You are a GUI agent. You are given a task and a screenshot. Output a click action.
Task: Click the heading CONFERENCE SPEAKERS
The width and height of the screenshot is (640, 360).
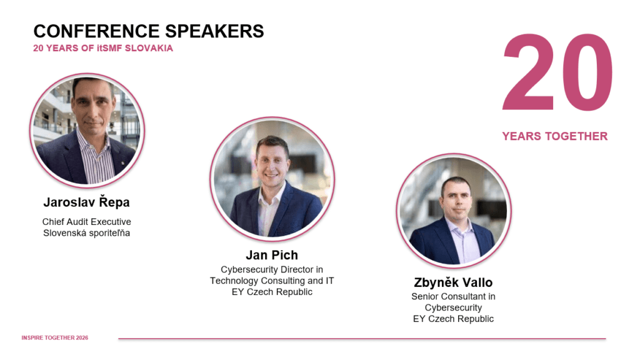click(x=149, y=31)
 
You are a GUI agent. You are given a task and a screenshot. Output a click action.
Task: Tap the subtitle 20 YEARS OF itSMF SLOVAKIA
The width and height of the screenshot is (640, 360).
click(x=103, y=48)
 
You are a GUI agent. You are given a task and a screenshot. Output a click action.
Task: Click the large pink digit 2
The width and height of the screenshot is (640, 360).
click(x=529, y=72)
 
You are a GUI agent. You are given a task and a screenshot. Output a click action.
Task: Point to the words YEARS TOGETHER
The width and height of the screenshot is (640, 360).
click(x=555, y=136)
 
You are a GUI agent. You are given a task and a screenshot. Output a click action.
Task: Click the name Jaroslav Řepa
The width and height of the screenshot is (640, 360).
click(x=86, y=202)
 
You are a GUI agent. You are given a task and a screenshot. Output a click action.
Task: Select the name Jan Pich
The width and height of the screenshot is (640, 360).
click(x=272, y=255)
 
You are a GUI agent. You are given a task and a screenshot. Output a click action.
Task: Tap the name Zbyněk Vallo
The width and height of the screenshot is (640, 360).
click(x=453, y=282)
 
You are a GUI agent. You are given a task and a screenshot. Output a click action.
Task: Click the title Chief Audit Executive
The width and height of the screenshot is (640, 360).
click(x=86, y=222)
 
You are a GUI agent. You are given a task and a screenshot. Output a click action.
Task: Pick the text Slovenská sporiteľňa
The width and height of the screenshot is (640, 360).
click(x=86, y=233)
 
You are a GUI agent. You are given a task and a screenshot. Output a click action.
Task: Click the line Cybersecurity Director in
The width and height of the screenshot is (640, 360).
click(x=272, y=269)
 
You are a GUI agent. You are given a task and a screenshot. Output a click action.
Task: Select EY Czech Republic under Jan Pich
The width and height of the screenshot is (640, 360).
click(x=272, y=292)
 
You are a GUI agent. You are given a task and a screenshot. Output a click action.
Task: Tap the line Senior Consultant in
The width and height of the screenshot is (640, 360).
click(x=453, y=296)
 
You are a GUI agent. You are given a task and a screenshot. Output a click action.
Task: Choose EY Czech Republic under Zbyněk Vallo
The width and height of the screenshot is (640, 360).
click(x=453, y=319)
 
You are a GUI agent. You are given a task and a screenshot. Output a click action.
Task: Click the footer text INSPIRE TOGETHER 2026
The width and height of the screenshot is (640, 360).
click(x=55, y=338)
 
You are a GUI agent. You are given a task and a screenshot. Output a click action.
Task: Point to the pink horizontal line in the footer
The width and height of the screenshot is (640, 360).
click(x=362, y=338)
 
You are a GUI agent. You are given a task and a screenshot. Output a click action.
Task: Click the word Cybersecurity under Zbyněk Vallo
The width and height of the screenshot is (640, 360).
click(x=453, y=307)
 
